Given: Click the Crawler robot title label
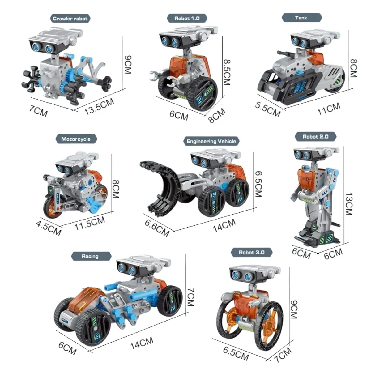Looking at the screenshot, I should click(x=70, y=19).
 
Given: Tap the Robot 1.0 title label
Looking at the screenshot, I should click(x=187, y=18).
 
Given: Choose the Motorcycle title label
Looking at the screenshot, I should click(x=76, y=139).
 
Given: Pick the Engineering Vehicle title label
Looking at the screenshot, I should click(x=211, y=141).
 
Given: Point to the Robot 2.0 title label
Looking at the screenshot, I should click(x=315, y=136).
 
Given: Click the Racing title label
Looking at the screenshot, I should click(x=90, y=256).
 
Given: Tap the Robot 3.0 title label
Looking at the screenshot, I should click(x=251, y=252).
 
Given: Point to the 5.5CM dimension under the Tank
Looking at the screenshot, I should click(x=268, y=109).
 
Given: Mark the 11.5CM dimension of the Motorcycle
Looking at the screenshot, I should click(x=90, y=223).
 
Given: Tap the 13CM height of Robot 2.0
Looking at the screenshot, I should click(x=349, y=204).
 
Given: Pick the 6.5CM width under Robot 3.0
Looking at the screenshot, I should click(x=236, y=353).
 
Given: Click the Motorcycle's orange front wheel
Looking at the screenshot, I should click(x=53, y=207).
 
